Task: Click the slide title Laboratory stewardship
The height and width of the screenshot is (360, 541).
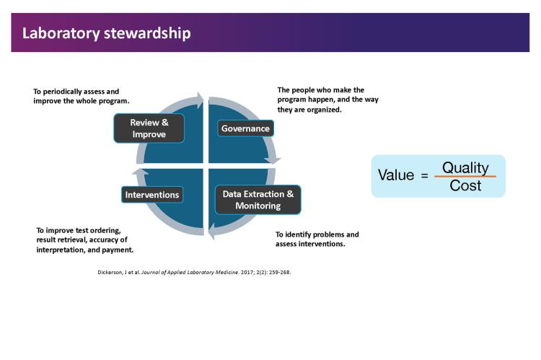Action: [x=107, y=33]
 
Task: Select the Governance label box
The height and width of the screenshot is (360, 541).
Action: [x=245, y=128]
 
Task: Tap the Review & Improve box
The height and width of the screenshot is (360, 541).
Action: [x=149, y=128]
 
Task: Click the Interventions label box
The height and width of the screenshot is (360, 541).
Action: [x=151, y=195]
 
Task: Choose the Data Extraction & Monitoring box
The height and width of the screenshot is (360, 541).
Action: [x=258, y=200]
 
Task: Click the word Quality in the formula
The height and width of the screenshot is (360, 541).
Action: [x=465, y=167]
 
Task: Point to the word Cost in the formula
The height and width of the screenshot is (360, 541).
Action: [x=465, y=185]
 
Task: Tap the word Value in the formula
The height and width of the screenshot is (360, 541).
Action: [x=396, y=176]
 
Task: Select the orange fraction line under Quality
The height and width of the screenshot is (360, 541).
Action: [x=465, y=177]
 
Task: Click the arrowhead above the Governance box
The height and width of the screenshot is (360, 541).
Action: [x=200, y=96]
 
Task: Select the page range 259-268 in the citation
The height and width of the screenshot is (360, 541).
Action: [x=277, y=273]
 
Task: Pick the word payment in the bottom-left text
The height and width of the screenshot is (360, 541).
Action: [x=118, y=250]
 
